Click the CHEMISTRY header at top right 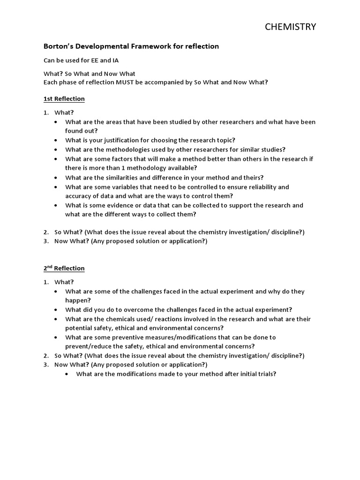click(290, 27)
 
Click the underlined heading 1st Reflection click(64, 99)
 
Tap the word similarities click(127, 177)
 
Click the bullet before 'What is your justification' click(56, 140)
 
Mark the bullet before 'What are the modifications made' click(67, 374)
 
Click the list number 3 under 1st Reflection click(46, 241)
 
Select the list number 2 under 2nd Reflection click(46, 355)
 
